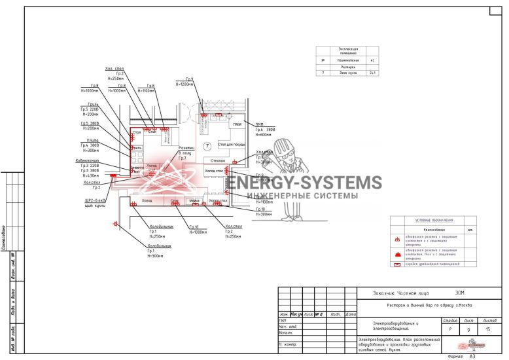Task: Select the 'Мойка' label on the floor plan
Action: (x=194, y=200)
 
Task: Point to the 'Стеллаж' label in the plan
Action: (x=218, y=160)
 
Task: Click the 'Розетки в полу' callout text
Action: (x=186, y=153)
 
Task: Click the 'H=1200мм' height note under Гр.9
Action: (x=184, y=84)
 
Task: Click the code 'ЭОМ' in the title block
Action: (x=459, y=293)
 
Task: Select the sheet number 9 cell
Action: (x=468, y=331)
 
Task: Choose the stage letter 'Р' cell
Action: (x=449, y=331)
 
